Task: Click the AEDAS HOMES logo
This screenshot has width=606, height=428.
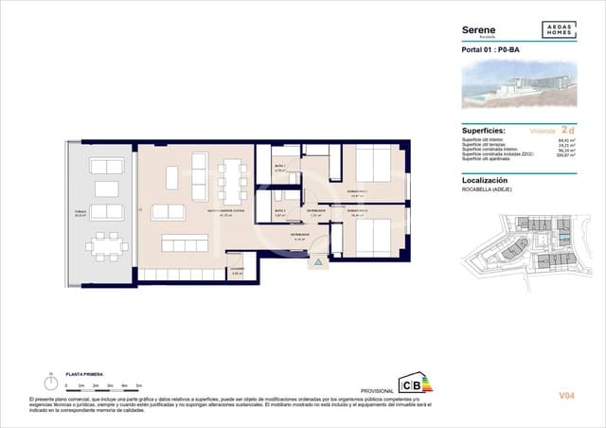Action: [x=558, y=30]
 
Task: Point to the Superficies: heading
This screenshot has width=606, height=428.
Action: [x=482, y=130]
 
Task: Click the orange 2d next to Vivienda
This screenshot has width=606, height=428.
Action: [x=568, y=129]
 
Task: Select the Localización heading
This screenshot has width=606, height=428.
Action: [x=484, y=179]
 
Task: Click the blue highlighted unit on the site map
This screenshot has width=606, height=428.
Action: [x=564, y=242]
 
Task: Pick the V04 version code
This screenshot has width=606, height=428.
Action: [x=567, y=395]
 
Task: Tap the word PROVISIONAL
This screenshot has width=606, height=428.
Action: [x=377, y=390]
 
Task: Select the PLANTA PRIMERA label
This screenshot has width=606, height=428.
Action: [x=84, y=376]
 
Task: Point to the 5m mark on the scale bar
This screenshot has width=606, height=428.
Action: [x=139, y=386]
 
